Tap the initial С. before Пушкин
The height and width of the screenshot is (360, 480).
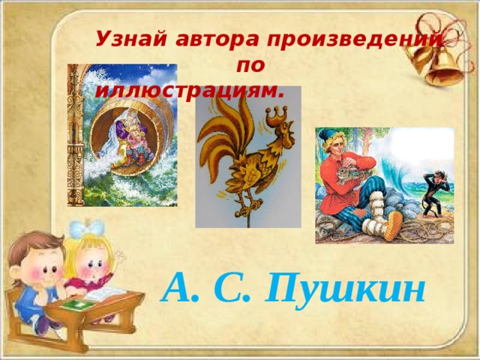point(238,286)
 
